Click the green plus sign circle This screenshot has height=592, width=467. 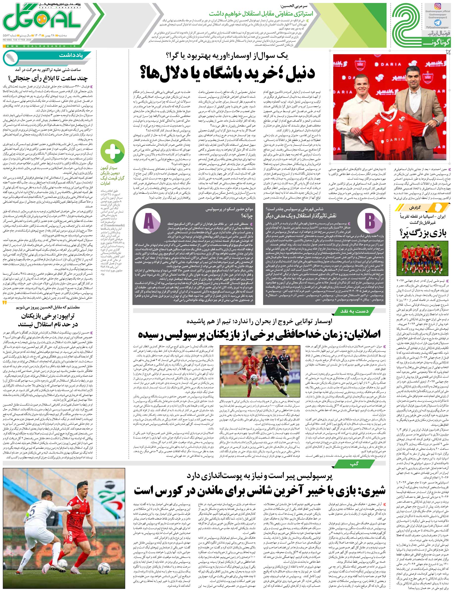point(113,152)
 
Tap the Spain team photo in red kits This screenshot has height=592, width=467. point(423,257)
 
